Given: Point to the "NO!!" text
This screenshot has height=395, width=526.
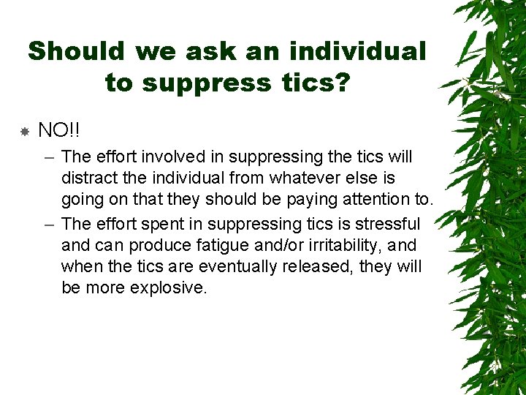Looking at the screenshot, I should (59, 131).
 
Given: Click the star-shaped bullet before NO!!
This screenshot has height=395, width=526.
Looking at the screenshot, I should (24, 132).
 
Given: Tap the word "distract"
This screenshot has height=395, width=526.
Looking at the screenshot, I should (89, 178).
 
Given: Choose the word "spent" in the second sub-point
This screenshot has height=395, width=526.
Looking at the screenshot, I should (159, 224).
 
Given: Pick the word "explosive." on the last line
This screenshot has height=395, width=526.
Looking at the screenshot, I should (169, 287).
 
